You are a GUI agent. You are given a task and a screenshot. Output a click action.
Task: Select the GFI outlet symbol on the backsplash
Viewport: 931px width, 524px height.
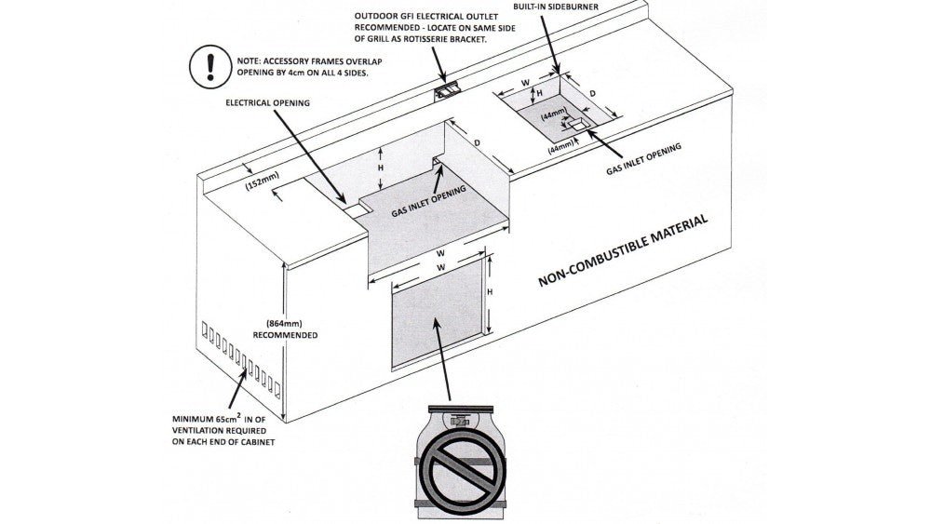448,90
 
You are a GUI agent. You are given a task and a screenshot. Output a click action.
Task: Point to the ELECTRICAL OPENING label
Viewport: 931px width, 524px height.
268,102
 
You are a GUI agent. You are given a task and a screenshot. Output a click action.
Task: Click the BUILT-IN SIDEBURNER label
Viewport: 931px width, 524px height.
555,7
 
